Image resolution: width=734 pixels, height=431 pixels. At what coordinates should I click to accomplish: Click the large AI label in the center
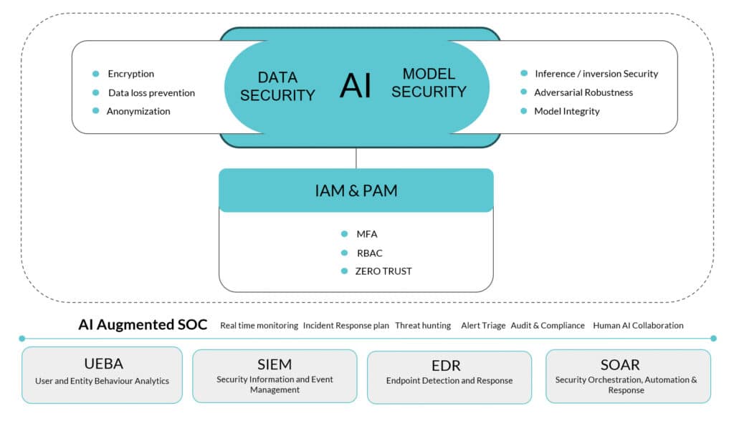(356, 85)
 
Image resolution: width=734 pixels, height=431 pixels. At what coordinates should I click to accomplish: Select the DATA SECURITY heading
(277, 86)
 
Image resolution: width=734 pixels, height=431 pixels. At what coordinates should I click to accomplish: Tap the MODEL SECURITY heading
(429, 82)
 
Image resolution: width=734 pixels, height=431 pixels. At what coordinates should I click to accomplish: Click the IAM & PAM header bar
(356, 190)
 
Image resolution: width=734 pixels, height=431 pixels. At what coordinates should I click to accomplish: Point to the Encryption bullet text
(130, 74)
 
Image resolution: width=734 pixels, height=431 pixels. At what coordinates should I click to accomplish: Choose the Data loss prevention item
(151, 92)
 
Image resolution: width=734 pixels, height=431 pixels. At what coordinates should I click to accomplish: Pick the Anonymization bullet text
(138, 111)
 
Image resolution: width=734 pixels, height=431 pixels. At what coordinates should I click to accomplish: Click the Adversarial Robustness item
(583, 92)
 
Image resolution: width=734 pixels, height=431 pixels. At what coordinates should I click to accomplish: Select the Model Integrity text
(567, 111)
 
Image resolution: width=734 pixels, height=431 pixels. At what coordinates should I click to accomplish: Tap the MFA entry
(366, 233)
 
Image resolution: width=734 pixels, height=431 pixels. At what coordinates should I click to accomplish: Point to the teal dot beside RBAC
(345, 252)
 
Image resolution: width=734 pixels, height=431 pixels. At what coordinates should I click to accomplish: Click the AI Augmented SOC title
(143, 325)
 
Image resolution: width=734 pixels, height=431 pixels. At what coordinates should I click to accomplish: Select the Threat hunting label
(423, 325)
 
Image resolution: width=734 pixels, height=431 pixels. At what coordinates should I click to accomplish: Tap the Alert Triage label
(482, 325)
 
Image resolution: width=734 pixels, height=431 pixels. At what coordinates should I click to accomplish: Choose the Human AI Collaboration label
(638, 325)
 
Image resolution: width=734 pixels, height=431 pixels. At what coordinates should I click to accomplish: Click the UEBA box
(102, 374)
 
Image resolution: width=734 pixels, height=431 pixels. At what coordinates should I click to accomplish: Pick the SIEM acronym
(275, 365)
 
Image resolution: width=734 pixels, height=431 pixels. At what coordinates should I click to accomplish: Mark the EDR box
(449, 376)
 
